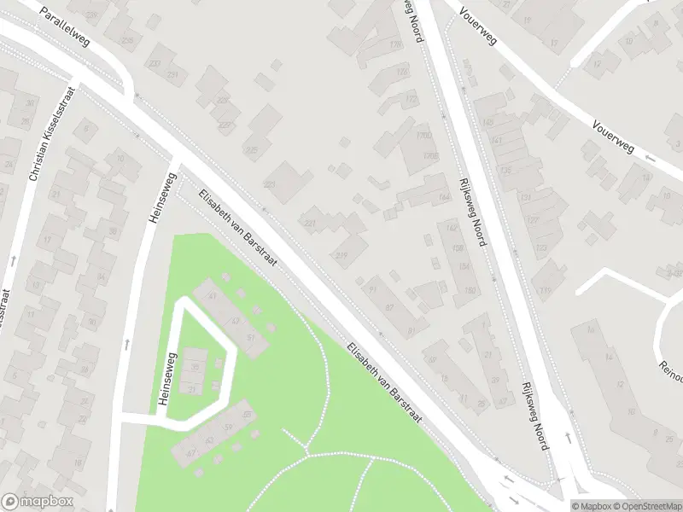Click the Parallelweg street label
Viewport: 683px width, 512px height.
click(x=65, y=26)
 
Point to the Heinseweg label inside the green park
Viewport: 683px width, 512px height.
click(x=169, y=380)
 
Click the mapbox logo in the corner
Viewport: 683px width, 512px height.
click(x=38, y=502)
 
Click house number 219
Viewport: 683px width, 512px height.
click(x=343, y=255)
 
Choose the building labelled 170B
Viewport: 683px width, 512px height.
click(x=429, y=155)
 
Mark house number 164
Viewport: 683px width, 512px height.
click(x=443, y=198)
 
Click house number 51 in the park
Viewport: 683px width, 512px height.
click(x=251, y=338)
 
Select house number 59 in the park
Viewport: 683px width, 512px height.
click(x=227, y=426)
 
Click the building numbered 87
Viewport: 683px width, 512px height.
click(x=390, y=306)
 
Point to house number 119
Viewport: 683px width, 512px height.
click(x=545, y=290)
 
